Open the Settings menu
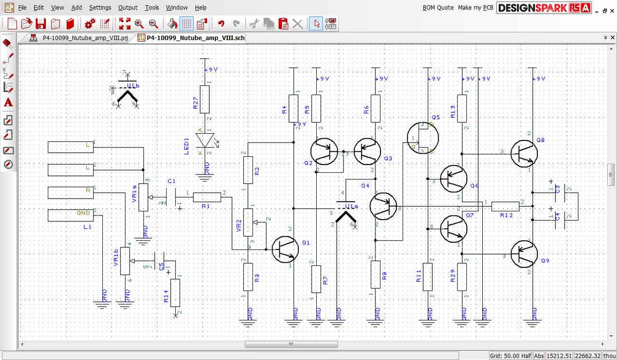100,8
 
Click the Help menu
201,8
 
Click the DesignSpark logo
545,8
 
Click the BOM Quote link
438,8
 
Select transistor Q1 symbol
285,250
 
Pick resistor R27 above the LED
205,99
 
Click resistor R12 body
505,206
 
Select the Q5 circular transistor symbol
423,137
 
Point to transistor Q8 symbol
524,153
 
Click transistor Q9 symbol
524,254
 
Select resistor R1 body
207,196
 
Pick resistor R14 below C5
175,293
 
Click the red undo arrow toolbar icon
221,24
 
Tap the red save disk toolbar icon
41,24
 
